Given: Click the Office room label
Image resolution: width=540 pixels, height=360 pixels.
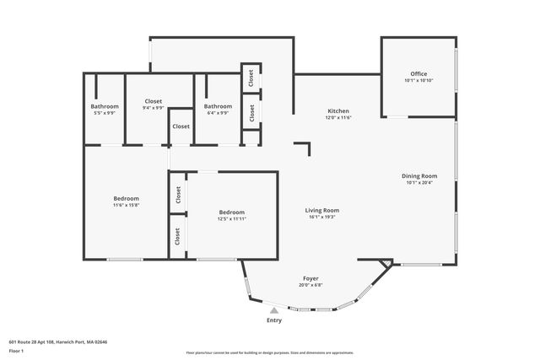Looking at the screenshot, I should [418, 74].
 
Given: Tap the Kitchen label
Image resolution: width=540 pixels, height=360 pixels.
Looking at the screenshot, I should [338, 111].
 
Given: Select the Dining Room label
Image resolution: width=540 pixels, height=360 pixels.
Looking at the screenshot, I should [418, 175].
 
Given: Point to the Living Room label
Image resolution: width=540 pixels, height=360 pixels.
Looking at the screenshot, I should [322, 210].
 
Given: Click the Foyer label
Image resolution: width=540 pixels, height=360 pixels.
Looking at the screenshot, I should [310, 278].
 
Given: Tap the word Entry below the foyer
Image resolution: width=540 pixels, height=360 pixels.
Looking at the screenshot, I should [274, 320].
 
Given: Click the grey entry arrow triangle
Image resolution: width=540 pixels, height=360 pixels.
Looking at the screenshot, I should [273, 311].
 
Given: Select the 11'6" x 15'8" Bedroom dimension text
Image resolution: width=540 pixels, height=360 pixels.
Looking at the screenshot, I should [126, 205].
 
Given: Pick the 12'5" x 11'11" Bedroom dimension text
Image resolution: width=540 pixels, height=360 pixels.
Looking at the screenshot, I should [232, 218].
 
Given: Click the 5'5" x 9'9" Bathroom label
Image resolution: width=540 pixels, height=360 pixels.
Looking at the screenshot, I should [105, 113].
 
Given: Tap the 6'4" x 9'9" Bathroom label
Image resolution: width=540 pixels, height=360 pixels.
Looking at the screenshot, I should [218, 113].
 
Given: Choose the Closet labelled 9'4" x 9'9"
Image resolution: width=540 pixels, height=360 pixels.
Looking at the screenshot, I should [153, 107].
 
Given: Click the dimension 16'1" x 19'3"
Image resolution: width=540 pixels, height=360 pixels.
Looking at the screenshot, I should [322, 217].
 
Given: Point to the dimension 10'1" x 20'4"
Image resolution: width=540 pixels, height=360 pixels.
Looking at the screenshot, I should [418, 182].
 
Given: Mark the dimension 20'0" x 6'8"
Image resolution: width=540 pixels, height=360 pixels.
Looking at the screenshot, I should [310, 285].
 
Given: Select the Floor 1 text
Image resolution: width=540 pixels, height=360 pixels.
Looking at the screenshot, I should [17, 350].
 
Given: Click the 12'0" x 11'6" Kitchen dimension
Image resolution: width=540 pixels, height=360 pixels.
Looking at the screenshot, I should [338, 117].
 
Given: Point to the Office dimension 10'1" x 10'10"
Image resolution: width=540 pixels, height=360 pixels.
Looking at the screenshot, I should [418, 81].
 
